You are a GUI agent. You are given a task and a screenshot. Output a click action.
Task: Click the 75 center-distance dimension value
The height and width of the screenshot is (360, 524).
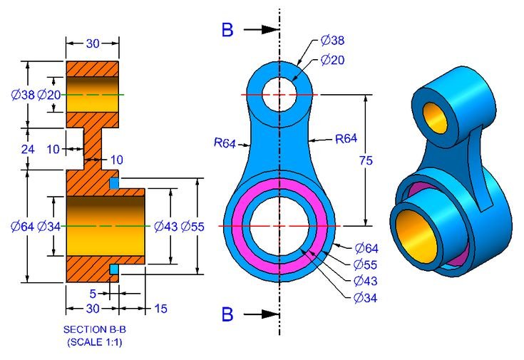tap(366, 161)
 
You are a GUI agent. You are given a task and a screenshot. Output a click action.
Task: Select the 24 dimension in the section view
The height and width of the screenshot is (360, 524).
tap(27, 149)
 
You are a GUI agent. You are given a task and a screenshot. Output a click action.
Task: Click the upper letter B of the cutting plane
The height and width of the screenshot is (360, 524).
tap(227, 30)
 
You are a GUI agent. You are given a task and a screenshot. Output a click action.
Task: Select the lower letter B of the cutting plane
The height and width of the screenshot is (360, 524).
tap(227, 314)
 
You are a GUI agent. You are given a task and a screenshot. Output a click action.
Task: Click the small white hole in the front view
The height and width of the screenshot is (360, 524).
tap(279, 94)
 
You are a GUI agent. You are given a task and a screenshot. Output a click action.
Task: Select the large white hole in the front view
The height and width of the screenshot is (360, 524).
tap(279, 226)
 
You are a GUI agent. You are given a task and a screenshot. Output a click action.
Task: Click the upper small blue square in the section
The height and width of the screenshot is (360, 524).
tap(113, 183)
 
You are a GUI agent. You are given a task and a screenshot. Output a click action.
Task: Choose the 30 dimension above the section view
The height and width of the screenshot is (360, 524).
tap(93, 44)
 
